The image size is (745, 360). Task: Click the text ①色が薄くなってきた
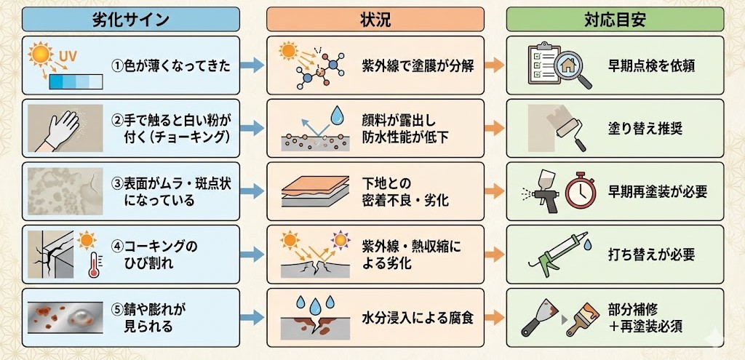(x=171, y=66)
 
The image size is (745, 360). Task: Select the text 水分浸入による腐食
(x=418, y=318)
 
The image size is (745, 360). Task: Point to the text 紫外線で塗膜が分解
(x=418, y=66)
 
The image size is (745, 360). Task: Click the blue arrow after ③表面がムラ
(x=252, y=191)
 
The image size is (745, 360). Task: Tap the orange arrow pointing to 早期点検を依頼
(x=494, y=66)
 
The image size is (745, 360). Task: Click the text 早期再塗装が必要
(x=657, y=191)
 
